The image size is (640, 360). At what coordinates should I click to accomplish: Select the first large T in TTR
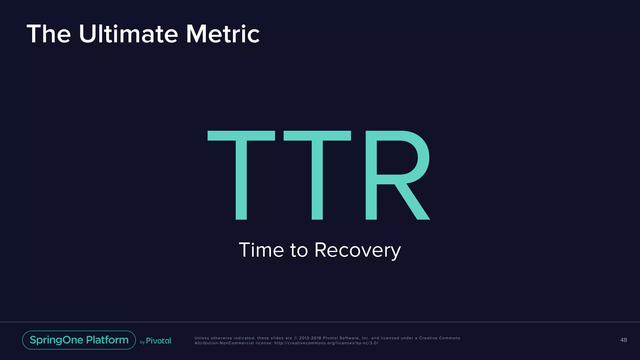(x=241, y=175)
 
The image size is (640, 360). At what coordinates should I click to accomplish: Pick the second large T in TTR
(x=317, y=175)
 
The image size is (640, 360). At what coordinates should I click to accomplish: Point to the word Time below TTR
(x=261, y=250)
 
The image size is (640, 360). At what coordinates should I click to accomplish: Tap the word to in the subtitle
(x=299, y=251)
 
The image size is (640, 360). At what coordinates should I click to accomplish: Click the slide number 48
(x=623, y=340)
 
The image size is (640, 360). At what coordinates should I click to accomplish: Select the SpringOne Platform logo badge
(x=79, y=340)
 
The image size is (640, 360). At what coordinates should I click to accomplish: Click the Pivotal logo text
(x=159, y=341)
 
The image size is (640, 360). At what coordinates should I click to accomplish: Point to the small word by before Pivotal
(x=142, y=342)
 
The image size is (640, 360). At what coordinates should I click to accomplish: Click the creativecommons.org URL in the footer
(x=326, y=343)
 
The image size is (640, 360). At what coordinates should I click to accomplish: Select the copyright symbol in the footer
(x=296, y=338)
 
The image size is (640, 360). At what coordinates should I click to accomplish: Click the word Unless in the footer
(x=202, y=338)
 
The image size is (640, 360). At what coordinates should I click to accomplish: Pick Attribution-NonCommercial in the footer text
(x=224, y=343)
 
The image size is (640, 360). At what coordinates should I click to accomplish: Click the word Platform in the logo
(x=107, y=340)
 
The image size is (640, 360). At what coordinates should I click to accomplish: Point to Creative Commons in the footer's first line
(x=439, y=338)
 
